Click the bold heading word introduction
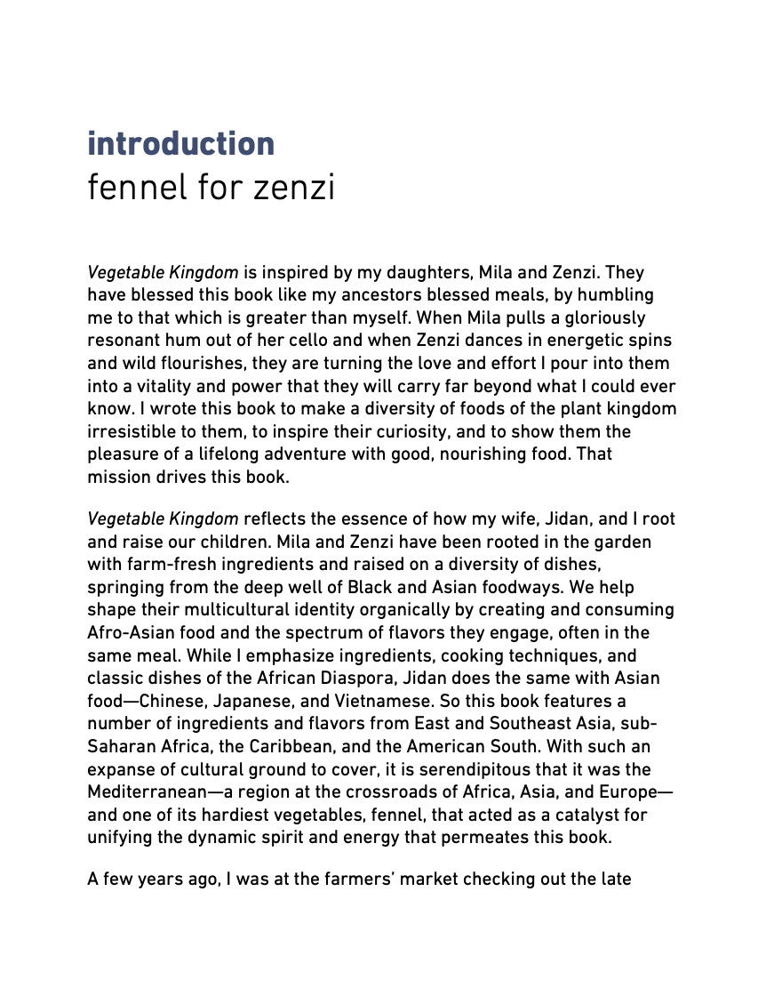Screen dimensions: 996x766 tap(180, 144)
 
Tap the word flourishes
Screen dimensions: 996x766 tap(203, 363)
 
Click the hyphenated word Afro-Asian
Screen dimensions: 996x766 tap(130, 633)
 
